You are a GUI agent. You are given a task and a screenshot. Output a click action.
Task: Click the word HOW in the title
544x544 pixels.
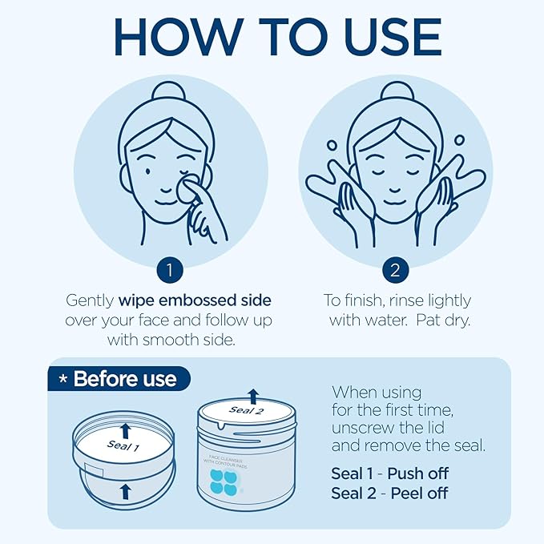pyautogui.click(x=179, y=38)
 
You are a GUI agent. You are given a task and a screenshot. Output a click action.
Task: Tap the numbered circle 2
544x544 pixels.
pyautogui.click(x=393, y=270)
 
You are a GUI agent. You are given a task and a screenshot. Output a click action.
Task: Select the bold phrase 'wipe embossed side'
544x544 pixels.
pyautogui.click(x=195, y=300)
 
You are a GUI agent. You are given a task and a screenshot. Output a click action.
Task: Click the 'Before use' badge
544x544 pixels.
pyautogui.click(x=118, y=378)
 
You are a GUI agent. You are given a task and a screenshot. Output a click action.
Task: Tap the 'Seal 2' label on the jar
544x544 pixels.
pyautogui.click(x=247, y=411)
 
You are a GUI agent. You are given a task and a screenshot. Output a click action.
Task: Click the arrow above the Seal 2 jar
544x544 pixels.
pyautogui.click(x=254, y=394)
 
